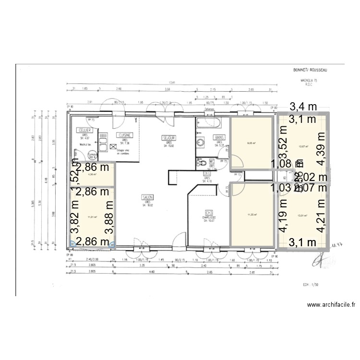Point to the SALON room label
pos(145,196)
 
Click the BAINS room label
pos(219,137)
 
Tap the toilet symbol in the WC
pos(202,162)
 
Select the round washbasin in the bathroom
pos(200,142)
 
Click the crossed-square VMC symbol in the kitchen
pos(113,148)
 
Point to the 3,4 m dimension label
pos(303,107)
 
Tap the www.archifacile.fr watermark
pos(331,304)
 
